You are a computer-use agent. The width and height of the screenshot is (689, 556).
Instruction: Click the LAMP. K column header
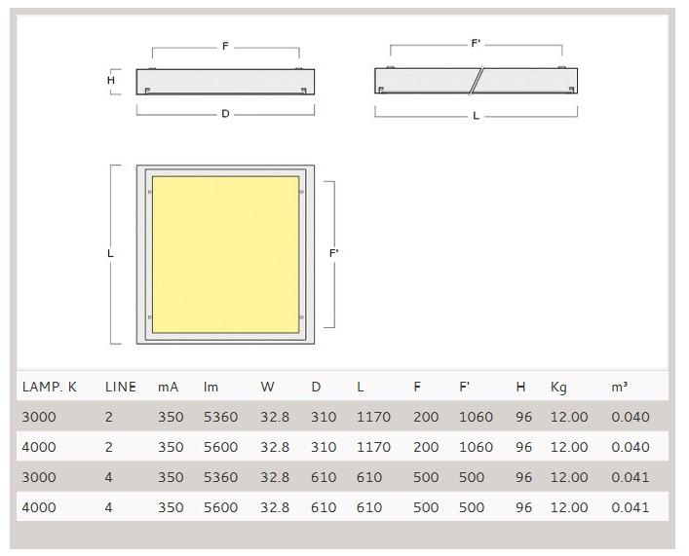[49, 387]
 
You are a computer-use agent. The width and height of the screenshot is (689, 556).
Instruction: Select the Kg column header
[558, 388]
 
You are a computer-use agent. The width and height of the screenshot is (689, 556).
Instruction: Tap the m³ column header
[619, 387]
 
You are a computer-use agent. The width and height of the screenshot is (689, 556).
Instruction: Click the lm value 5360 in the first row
[220, 417]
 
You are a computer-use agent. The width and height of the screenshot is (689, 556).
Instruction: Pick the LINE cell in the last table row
[108, 507]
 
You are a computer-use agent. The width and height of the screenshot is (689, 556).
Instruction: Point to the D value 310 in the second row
[324, 447]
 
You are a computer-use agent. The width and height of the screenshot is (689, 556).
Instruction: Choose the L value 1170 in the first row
[373, 417]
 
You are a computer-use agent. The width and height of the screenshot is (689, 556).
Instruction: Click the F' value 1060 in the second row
[476, 447]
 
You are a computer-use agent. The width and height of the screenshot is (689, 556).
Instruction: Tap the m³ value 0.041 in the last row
[631, 507]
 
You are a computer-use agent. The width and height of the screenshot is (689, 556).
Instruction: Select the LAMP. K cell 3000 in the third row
[39, 477]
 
